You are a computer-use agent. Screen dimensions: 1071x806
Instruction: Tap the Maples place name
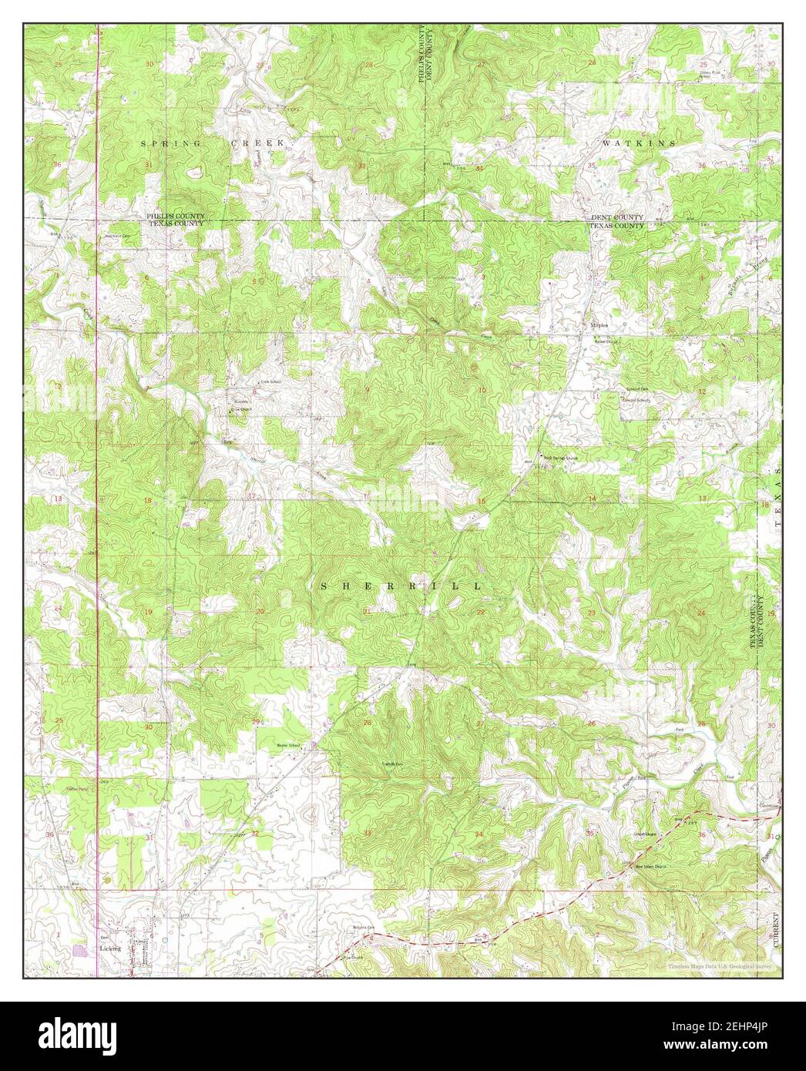pyautogui.click(x=599, y=325)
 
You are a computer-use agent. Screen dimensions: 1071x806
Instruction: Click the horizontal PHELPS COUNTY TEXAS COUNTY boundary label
pyautogui.click(x=176, y=220)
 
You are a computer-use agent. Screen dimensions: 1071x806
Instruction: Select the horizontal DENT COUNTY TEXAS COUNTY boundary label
pyautogui.click(x=617, y=222)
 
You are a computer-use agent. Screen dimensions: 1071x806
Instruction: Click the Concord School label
pyautogui.click(x=638, y=401)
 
